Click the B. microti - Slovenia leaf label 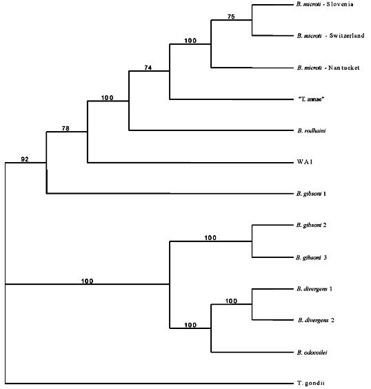325,4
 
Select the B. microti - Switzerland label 331,36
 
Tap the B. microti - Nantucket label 328,68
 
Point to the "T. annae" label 311,99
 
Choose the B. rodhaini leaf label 312,131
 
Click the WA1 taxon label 305,162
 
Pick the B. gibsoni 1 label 311,194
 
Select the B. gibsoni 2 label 312,226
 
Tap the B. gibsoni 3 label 311,258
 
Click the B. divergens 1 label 314,289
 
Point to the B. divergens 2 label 316,320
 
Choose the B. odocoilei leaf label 312,352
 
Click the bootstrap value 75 231,17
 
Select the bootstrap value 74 148,68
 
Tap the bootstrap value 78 66,128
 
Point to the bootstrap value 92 25,159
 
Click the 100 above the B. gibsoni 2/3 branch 210,238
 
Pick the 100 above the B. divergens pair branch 231,301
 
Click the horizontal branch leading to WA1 190,163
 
